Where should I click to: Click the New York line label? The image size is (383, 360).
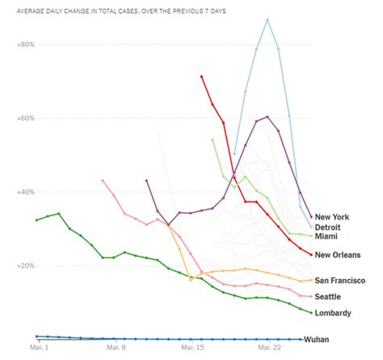coord(331,217)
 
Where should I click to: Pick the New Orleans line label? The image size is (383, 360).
coord(338,256)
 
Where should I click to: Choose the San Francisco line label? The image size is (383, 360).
coord(339,281)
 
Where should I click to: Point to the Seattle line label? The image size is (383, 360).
coord(329,297)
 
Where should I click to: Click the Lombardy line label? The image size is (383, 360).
coord(333,313)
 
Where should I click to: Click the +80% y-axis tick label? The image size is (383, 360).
coord(25,44)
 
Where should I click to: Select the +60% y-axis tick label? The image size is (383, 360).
coord(25,118)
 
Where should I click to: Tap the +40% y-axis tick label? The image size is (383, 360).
coord(25,193)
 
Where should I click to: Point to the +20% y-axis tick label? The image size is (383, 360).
coord(25,266)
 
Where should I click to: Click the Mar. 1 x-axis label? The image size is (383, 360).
coord(38,349)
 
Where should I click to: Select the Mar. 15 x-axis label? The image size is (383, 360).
coord(191,349)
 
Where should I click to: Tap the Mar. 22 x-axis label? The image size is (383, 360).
coord(268,349)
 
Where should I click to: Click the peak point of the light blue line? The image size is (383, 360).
coord(267,19)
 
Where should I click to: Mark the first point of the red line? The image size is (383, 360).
coord(201,76)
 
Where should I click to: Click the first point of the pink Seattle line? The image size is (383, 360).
coord(103,180)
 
